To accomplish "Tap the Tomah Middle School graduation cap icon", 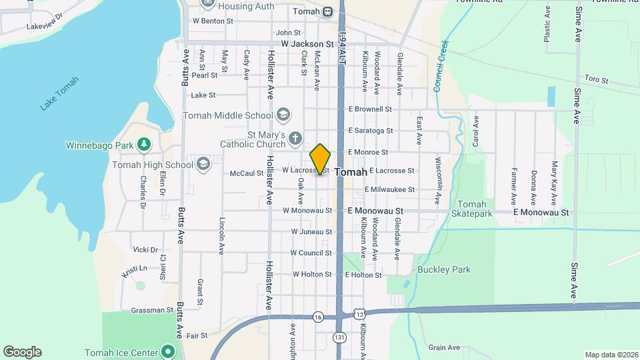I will (x=284, y=115).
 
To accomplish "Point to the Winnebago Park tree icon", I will (x=143, y=145).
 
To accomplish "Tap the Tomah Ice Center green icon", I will (x=168, y=352).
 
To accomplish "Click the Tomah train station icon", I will (x=328, y=11).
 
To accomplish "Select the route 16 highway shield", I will (x=318, y=317).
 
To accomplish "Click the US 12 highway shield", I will (x=360, y=313).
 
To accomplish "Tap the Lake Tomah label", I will (x=59, y=94).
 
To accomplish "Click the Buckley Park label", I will (x=443, y=270).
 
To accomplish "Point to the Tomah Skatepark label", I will (x=472, y=209).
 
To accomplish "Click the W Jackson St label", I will (x=307, y=43).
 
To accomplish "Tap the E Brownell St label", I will (x=370, y=109).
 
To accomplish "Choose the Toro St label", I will (x=596, y=79).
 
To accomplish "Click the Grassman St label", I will (x=152, y=310).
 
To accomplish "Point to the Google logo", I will (x=22, y=351).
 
